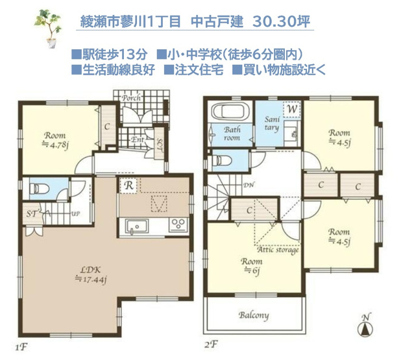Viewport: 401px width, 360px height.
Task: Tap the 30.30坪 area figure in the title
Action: pyautogui.click(x=282, y=21)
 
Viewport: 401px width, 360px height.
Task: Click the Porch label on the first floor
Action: pyautogui.click(x=132, y=99)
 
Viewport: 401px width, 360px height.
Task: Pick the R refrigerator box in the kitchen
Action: pyautogui.click(x=128, y=185)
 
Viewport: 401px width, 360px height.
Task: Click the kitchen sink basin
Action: pyautogui.click(x=136, y=226)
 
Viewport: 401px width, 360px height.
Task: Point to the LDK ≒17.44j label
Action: pyautogui.click(x=91, y=274)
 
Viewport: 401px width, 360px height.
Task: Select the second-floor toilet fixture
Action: pyautogui.click(x=224, y=158)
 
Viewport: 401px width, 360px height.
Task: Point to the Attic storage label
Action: pyautogui.click(x=278, y=250)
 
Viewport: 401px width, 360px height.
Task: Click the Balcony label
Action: pyautogui.click(x=254, y=316)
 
